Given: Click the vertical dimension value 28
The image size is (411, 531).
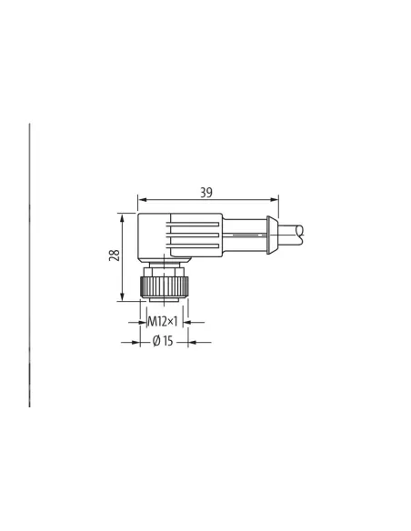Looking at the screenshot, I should click(114, 255).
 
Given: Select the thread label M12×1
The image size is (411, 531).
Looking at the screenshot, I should click(164, 321).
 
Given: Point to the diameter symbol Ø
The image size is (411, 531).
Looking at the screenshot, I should click(156, 342).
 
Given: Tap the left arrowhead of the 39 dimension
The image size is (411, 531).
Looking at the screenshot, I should click(140, 199).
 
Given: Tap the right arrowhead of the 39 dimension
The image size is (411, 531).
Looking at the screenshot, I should click(272, 199).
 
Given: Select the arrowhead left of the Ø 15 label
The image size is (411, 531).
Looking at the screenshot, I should click(136, 342).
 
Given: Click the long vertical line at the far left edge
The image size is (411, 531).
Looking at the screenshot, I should click(29, 264).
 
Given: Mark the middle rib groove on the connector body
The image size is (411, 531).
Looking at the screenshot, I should click(193, 234).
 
